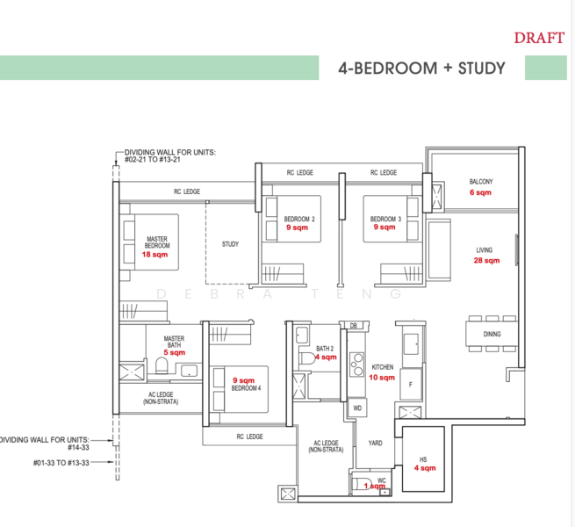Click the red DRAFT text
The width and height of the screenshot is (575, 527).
(x=539, y=38)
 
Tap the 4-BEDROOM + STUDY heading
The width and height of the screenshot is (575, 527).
(x=421, y=68)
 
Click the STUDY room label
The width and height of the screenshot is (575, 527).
(x=230, y=244)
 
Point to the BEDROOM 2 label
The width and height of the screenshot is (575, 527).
(x=299, y=219)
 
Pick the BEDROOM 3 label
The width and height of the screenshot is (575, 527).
(x=385, y=219)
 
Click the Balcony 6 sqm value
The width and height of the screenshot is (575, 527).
(x=480, y=192)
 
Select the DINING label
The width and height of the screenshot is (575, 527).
(x=492, y=334)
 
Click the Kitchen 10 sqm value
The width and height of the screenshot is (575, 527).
(x=382, y=377)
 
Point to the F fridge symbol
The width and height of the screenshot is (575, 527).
(x=409, y=384)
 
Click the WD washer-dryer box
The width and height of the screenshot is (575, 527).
(x=358, y=408)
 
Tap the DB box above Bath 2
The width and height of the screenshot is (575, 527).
(x=353, y=326)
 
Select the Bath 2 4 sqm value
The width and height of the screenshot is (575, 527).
(x=326, y=357)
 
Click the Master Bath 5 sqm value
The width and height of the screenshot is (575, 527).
(x=173, y=351)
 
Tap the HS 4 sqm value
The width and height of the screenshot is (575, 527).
(x=424, y=468)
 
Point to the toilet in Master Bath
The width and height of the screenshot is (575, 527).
(x=162, y=366)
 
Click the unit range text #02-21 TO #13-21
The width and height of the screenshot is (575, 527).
(x=164, y=159)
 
